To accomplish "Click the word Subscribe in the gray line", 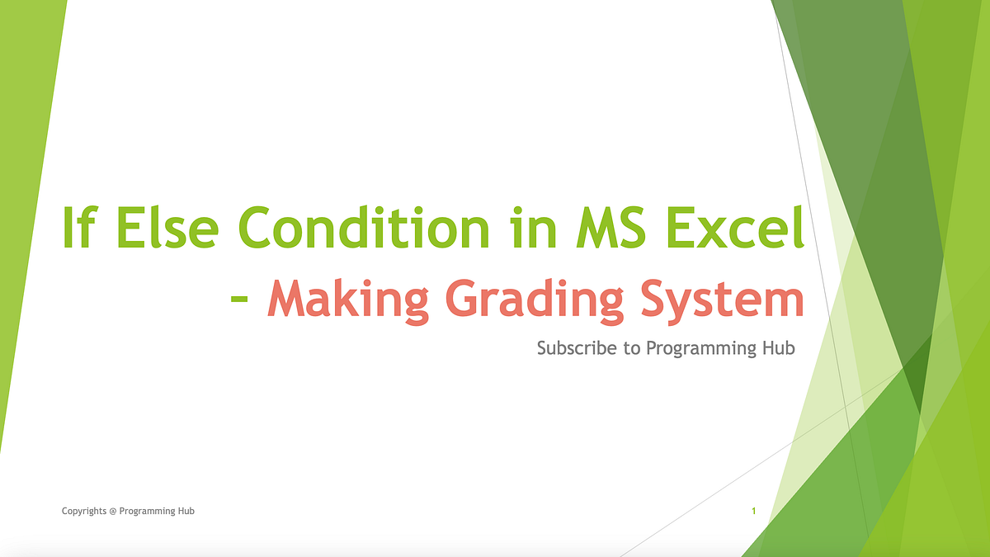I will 576,348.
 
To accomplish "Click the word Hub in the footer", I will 186,512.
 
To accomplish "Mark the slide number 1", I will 754,512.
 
